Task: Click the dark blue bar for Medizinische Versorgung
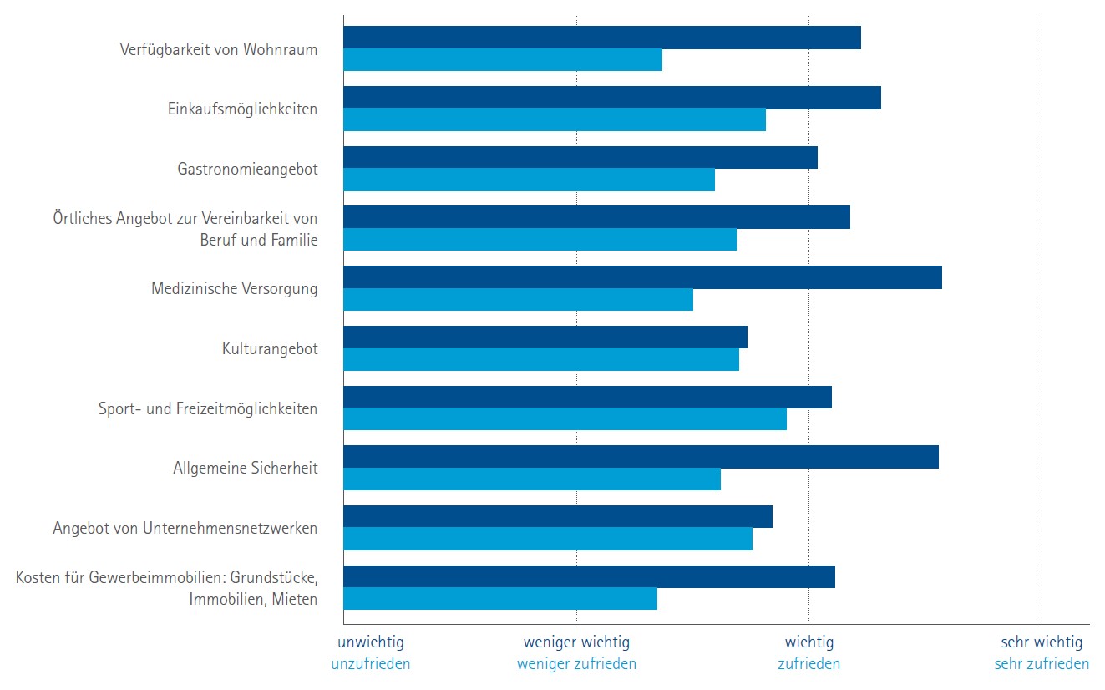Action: pos(642,277)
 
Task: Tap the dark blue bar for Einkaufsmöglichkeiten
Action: pos(612,98)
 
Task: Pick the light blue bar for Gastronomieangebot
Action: pos(529,180)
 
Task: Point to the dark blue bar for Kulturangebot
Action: pos(545,337)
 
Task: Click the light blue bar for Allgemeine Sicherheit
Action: pos(532,479)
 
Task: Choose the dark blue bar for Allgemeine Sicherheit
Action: pos(641,457)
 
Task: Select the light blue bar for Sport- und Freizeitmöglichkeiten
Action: pos(565,419)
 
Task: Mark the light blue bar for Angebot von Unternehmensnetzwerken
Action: pos(548,539)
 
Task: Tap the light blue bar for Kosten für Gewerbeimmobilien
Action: pos(500,599)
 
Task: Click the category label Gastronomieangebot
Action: pos(247,169)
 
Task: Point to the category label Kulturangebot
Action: pos(270,348)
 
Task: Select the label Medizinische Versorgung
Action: pos(234,288)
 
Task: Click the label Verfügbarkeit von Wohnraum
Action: pos(219,49)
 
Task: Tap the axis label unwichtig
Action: pos(371,642)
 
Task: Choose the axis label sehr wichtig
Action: pos(1042,642)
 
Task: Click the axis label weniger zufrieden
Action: pos(576,664)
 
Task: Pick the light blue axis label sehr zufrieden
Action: pos(1042,664)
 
